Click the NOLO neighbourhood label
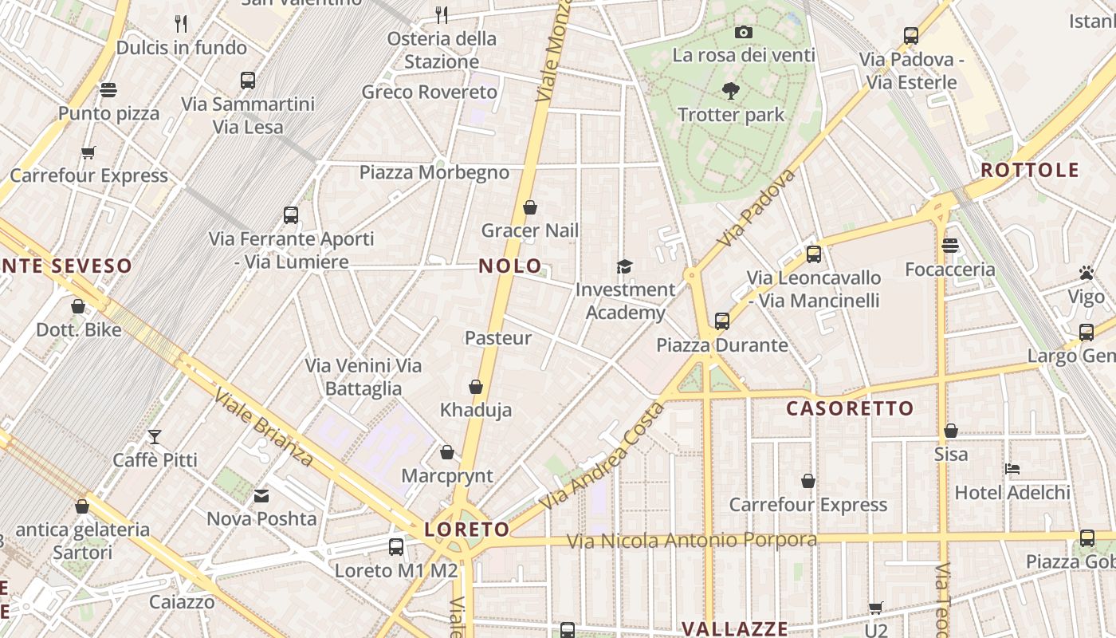click(510, 266)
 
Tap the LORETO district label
click(467, 530)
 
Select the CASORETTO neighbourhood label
click(850, 409)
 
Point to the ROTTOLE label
click(1029, 170)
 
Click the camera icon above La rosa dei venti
click(744, 32)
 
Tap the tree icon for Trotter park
click(730, 91)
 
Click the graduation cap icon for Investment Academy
click(624, 266)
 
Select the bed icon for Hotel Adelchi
click(1012, 469)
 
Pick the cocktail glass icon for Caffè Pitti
click(154, 437)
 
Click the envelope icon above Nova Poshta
click(261, 496)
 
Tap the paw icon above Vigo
click(1086, 273)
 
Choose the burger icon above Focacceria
click(949, 246)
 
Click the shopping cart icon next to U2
click(875, 608)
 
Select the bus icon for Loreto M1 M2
click(395, 547)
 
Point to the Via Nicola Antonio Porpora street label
click(691, 541)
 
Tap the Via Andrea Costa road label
click(602, 458)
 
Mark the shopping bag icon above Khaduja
click(476, 387)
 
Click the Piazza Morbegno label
click(434, 173)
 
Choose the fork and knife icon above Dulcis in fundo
click(181, 24)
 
